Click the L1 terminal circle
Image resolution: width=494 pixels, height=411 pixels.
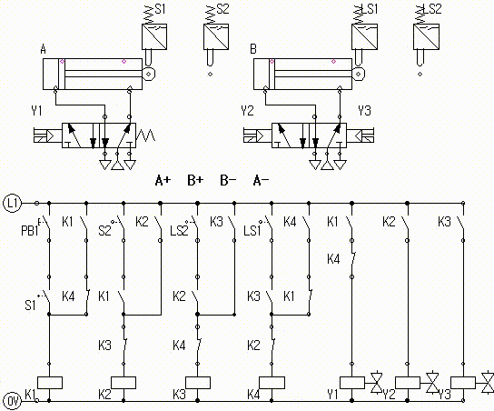click(12, 204)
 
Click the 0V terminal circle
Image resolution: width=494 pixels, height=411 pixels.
click(12, 401)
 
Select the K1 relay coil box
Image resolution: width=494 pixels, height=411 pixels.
click(50, 383)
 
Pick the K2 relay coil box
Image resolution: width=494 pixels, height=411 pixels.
click(123, 383)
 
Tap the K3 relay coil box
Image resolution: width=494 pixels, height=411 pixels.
click(198, 383)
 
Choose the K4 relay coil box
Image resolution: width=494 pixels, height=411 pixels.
click(272, 383)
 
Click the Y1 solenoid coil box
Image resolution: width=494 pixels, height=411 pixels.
click(352, 383)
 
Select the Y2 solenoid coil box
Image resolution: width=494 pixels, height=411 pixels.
click(408, 383)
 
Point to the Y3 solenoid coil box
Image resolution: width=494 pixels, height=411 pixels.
click(463, 383)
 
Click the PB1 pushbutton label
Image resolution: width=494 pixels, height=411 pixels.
click(29, 231)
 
